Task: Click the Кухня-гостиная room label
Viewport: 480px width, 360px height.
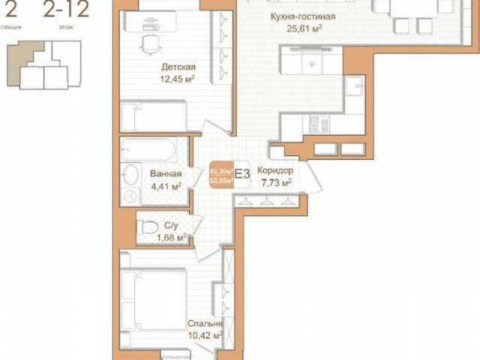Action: point(303,16)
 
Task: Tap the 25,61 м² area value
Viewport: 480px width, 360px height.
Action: point(302,29)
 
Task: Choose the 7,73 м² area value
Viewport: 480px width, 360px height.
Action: point(275,181)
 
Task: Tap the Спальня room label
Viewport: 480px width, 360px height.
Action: point(205,324)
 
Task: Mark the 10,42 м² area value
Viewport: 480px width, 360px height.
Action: point(206,336)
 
